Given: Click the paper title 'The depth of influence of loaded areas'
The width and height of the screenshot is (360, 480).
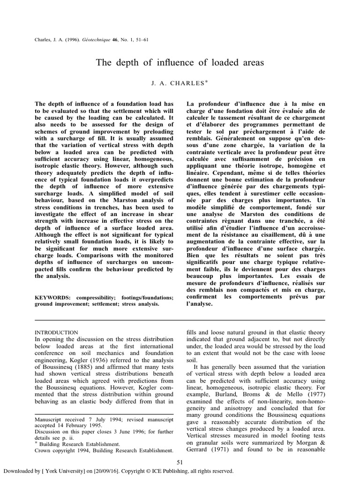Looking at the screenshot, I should click(x=180, y=63).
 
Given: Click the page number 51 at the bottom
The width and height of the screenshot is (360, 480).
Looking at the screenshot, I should click(x=180, y=463).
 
